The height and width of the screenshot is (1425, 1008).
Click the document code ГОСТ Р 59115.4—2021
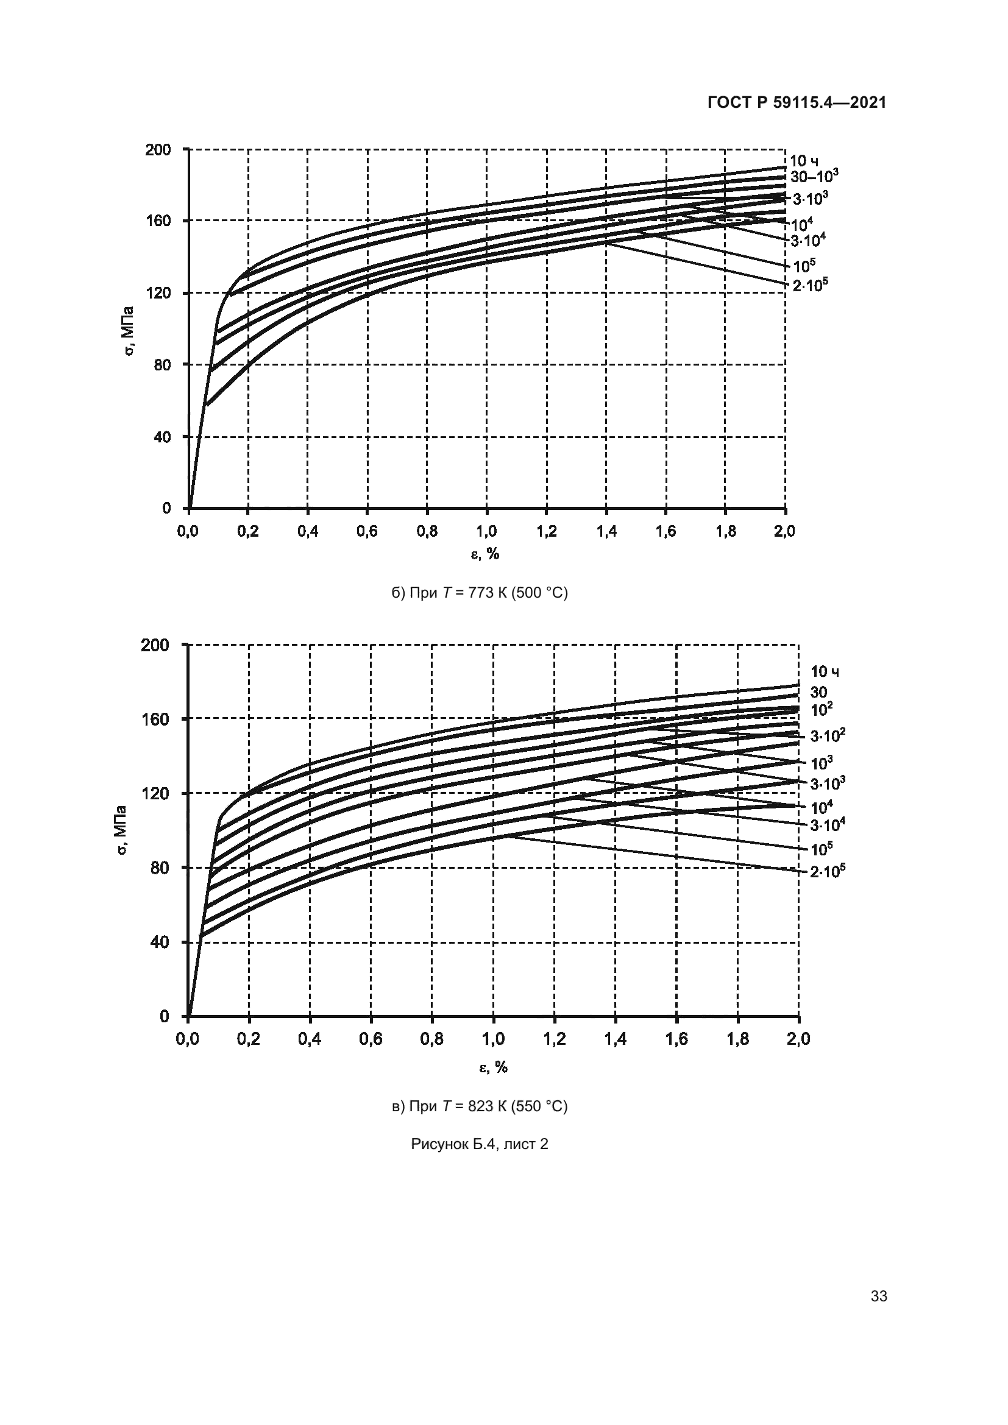[x=797, y=103]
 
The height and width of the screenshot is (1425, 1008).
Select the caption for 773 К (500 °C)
[x=479, y=593]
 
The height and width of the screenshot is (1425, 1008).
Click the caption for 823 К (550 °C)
[x=479, y=1106]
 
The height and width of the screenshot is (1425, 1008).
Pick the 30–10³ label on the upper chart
[x=814, y=176]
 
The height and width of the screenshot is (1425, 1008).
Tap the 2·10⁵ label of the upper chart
[x=810, y=285]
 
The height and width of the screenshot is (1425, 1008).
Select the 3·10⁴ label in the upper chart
[x=807, y=239]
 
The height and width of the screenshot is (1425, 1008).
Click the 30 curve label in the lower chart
[x=818, y=692]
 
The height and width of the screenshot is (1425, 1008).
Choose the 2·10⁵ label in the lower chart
[x=828, y=871]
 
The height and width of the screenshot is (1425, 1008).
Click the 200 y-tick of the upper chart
[x=158, y=150]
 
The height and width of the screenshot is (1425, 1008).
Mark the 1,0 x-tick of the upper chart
[x=486, y=531]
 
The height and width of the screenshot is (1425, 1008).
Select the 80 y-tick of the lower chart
[x=160, y=868]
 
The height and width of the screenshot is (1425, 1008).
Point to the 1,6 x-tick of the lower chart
[x=676, y=1039]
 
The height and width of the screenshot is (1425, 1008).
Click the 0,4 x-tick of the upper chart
[x=307, y=531]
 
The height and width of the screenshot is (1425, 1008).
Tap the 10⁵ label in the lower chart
[x=821, y=849]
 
